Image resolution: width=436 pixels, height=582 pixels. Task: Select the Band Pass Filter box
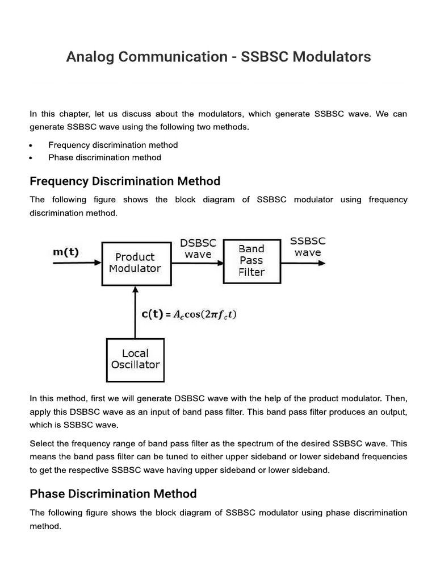(x=251, y=260)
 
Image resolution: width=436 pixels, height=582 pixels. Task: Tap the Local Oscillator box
(x=135, y=359)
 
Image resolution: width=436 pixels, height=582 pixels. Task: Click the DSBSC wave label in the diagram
(x=198, y=248)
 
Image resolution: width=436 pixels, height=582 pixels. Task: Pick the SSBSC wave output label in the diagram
(x=308, y=247)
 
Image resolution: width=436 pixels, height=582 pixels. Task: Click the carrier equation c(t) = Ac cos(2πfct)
(x=188, y=314)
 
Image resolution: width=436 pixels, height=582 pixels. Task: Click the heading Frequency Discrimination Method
(x=124, y=181)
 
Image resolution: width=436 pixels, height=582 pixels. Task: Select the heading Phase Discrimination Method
(x=113, y=493)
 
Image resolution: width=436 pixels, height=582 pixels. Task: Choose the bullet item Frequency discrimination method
(x=113, y=145)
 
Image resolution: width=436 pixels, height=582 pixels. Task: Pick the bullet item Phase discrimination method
(x=104, y=157)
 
